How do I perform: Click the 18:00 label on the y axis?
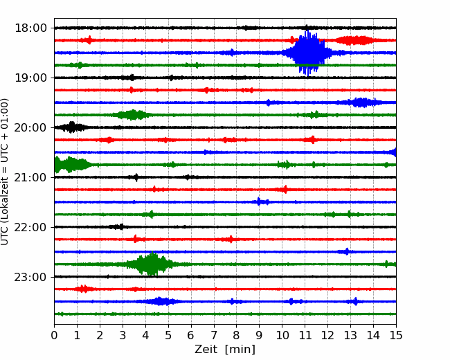[30, 28]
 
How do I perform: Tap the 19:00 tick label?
[30, 78]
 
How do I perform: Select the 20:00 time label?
[30, 127]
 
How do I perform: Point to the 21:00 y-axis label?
[30, 177]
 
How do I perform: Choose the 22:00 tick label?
[30, 227]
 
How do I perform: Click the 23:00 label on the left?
[30, 277]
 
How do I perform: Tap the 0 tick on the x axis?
[54, 335]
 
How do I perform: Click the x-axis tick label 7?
[214, 335]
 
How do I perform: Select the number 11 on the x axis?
[305, 335]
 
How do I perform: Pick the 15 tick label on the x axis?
[396, 335]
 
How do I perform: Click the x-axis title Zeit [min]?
[225, 350]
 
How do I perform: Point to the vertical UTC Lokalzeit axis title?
[5, 172]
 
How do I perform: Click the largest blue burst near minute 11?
[309, 53]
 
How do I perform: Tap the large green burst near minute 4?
[151, 264]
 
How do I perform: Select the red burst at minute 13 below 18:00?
[354, 40]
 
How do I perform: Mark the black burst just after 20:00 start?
[72, 127]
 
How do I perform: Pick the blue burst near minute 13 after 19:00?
[361, 102]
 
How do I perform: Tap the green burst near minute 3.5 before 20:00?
[133, 115]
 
